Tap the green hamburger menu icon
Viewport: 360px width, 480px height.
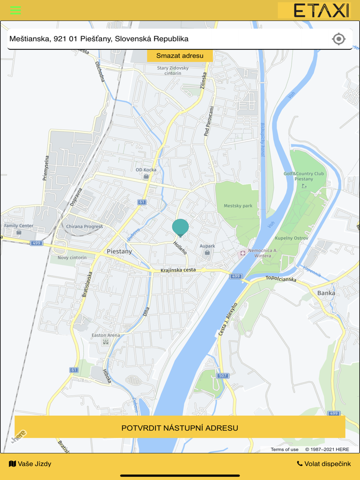tap(15, 10)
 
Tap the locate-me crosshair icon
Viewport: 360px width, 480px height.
tap(338, 39)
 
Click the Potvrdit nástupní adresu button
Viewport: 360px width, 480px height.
tap(179, 428)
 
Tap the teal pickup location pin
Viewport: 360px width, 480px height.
tap(181, 227)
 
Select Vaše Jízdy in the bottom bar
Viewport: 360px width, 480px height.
tap(30, 464)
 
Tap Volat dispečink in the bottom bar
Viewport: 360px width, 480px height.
tap(324, 464)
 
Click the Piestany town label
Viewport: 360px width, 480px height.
tap(119, 251)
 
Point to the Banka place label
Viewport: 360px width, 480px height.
tap(326, 293)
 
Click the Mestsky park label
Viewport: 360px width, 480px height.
tap(238, 206)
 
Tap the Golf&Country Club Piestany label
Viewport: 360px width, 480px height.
tap(304, 176)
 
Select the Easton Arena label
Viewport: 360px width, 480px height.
tap(105, 335)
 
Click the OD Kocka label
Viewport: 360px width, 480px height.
tap(146, 170)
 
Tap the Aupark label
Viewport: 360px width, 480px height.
tap(207, 246)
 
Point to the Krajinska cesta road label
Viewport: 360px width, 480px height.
tap(178, 270)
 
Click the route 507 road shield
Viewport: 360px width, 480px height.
tap(222, 376)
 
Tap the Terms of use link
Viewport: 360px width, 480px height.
tap(284, 449)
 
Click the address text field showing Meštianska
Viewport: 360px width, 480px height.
tap(165, 39)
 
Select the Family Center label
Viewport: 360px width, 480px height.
tap(19, 226)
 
